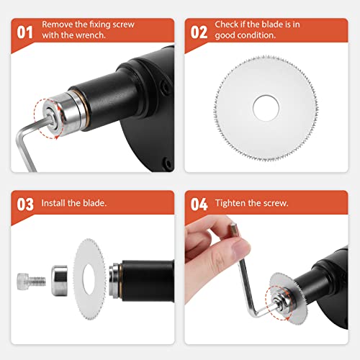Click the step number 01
pyautogui.click(x=24, y=32)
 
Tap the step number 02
pyautogui.click(x=199, y=32)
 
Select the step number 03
pyautogui.click(x=25, y=204)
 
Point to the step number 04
pyautogui.click(x=199, y=204)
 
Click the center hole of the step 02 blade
pyautogui.click(x=266, y=108)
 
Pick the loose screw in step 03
pyautogui.click(x=31, y=281)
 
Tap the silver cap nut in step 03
pyautogui.click(x=60, y=280)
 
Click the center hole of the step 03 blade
pyautogui.click(x=89, y=279)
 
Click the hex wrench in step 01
pyautogui.click(x=27, y=142)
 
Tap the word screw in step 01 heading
pyautogui.click(x=123, y=24)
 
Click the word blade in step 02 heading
pyautogui.click(x=272, y=24)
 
